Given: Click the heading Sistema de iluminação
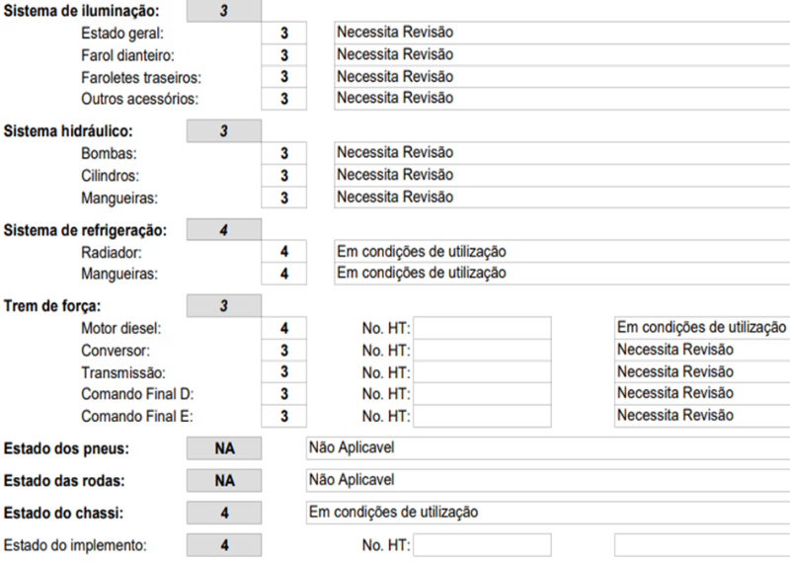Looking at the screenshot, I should [x=80, y=13].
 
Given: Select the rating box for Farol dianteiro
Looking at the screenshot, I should [x=284, y=55].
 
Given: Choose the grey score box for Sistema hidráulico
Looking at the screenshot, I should [x=224, y=130].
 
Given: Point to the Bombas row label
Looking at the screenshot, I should [x=109, y=153].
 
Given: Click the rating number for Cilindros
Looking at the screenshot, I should [x=284, y=175].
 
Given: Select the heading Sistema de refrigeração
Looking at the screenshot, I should [x=85, y=231].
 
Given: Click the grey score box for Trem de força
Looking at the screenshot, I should [x=224, y=305].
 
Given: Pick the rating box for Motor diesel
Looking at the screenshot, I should [x=284, y=328].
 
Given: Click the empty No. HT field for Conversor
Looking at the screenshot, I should [x=482, y=350].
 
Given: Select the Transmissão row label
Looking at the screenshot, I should [x=123, y=372].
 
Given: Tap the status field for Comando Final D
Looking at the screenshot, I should [x=700, y=393].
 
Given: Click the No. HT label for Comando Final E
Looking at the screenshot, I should [x=385, y=416].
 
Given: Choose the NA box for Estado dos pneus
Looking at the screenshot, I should [x=224, y=449].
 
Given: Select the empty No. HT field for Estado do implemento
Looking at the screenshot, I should [x=482, y=545].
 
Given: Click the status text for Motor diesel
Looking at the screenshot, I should [x=700, y=327].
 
